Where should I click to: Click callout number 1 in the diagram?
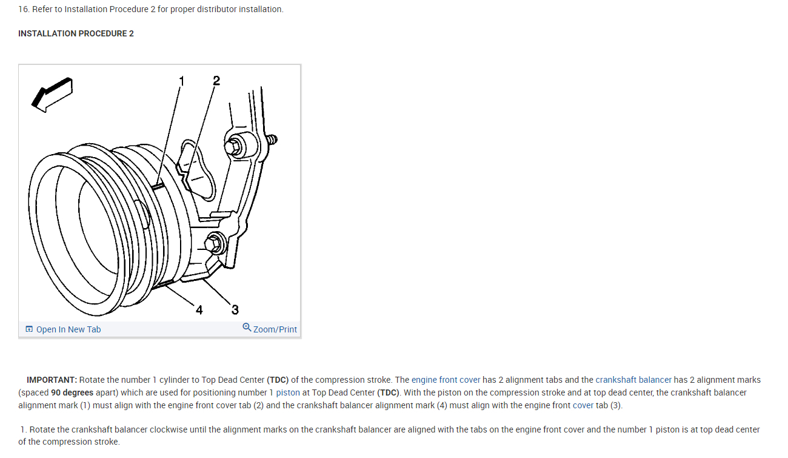tap(181, 81)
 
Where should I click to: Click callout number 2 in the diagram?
tap(216, 81)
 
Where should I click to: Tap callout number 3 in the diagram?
tap(235, 310)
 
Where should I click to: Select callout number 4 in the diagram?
tap(199, 310)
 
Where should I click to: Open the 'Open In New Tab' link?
tap(68, 329)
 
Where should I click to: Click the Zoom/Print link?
tap(275, 329)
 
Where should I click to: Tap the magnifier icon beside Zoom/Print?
tap(247, 328)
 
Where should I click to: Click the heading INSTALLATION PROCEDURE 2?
tap(76, 33)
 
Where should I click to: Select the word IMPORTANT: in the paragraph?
tap(52, 380)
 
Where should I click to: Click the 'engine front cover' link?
tap(446, 380)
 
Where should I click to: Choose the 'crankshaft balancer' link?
tap(633, 380)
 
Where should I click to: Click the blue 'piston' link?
tap(288, 392)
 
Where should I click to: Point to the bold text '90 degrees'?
tap(72, 392)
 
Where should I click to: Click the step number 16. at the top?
tap(24, 9)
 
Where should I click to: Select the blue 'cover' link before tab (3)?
tap(583, 405)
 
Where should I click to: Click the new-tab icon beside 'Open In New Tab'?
tap(29, 329)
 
